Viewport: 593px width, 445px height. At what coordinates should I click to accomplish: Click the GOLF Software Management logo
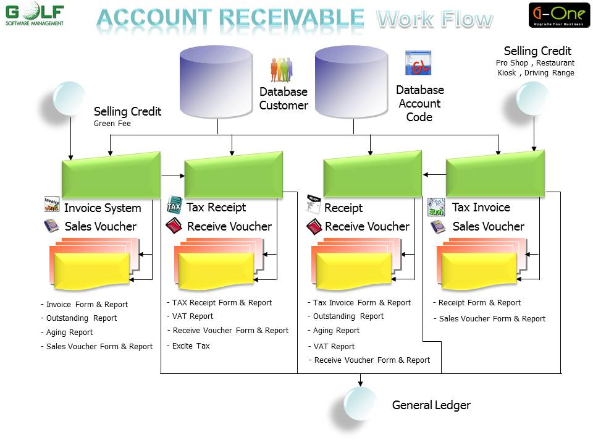click(x=35, y=14)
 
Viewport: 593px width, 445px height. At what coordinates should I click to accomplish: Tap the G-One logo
click(x=559, y=15)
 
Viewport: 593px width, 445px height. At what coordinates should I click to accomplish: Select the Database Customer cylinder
click(x=216, y=82)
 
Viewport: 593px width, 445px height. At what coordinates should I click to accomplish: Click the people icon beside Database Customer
click(x=282, y=70)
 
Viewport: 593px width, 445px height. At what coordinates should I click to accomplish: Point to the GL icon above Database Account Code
click(x=418, y=63)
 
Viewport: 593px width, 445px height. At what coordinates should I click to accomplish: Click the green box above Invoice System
click(x=111, y=175)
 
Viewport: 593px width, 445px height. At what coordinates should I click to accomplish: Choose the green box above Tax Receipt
click(x=233, y=175)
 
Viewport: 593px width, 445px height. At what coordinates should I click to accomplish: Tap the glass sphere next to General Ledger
click(x=360, y=404)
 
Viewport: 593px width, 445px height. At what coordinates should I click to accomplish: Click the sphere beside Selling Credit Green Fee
click(x=70, y=98)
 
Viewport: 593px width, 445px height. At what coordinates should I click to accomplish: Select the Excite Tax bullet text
click(x=188, y=346)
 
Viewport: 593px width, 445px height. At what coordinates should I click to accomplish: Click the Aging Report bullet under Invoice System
click(x=67, y=333)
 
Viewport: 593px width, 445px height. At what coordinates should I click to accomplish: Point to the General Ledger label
click(x=431, y=405)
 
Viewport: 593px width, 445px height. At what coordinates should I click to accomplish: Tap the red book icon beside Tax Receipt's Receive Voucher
click(x=174, y=226)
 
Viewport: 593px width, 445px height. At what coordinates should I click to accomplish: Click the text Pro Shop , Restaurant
click(x=535, y=63)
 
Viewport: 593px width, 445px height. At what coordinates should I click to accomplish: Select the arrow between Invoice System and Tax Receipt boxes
click(x=173, y=176)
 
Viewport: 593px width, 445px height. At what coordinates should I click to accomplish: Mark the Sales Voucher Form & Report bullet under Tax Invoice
click(x=490, y=319)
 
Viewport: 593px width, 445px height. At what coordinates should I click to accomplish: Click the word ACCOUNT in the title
click(x=154, y=18)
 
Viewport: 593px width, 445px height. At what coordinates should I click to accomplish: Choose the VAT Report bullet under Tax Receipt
click(x=190, y=316)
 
